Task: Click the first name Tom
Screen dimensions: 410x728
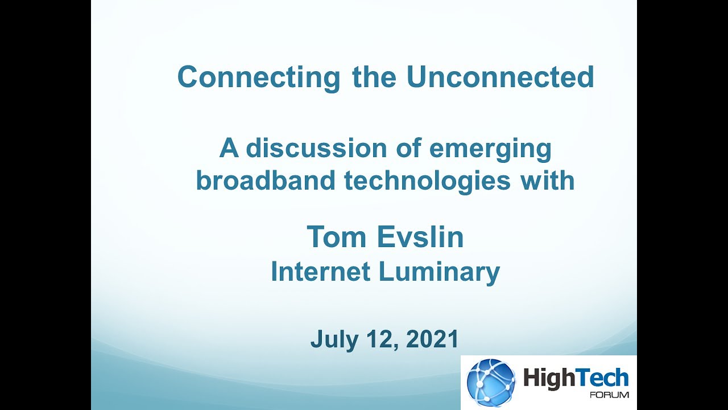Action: pyautogui.click(x=333, y=237)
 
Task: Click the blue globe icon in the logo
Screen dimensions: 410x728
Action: pyautogui.click(x=490, y=382)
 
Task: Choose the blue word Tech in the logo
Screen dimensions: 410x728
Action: pyautogui.click(x=603, y=378)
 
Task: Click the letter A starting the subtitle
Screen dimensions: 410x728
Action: pyautogui.click(x=229, y=149)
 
